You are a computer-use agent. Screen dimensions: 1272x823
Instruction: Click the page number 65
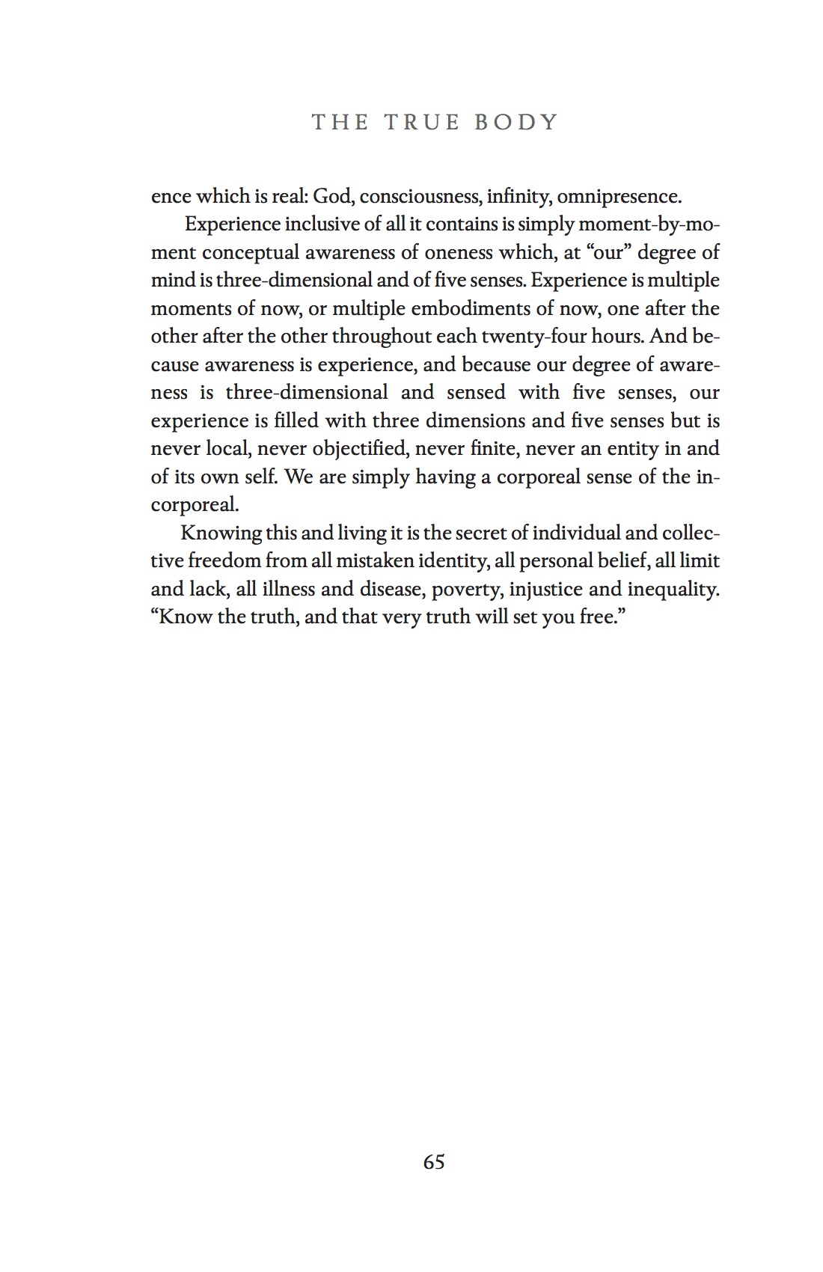pos(434,1162)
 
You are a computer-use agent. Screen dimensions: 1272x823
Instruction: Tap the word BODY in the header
pos(517,122)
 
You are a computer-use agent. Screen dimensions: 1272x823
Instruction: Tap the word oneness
pos(457,253)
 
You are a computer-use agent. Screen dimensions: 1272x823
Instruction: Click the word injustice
pos(545,590)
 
